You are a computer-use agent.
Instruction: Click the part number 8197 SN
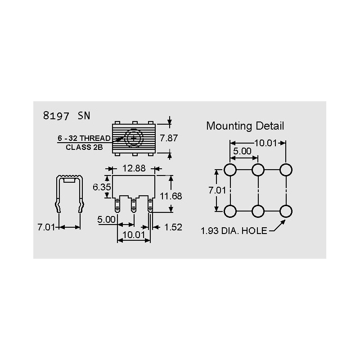[67, 116]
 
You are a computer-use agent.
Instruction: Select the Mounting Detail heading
[245, 126]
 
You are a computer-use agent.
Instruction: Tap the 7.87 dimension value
[169, 138]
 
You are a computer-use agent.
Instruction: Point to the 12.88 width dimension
[134, 168]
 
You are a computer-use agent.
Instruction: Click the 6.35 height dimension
[102, 187]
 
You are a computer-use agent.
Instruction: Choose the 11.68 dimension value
[171, 196]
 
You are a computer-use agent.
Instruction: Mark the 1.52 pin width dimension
[173, 227]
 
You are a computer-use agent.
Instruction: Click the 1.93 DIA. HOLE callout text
[234, 231]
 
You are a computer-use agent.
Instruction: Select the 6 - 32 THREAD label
[84, 138]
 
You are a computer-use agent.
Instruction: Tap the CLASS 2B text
[84, 147]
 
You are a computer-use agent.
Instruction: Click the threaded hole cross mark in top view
[133, 139]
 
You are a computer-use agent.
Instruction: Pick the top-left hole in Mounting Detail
[230, 170]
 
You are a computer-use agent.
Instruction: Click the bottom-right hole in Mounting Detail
[286, 211]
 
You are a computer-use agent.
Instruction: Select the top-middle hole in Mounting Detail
[258, 170]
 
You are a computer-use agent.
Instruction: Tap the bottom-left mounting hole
[230, 211]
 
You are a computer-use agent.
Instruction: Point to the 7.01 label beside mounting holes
[217, 190]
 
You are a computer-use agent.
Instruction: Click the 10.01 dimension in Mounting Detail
[265, 143]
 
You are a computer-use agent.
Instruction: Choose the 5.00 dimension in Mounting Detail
[242, 151]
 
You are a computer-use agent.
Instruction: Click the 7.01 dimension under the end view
[46, 227]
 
